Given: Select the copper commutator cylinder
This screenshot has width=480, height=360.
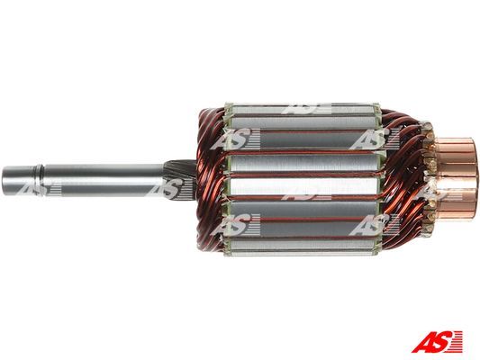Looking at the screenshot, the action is pos(456,177).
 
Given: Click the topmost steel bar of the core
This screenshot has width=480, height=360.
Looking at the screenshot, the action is pos(303,109).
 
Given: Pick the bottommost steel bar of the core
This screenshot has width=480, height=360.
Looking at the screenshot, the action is pos(303,247).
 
